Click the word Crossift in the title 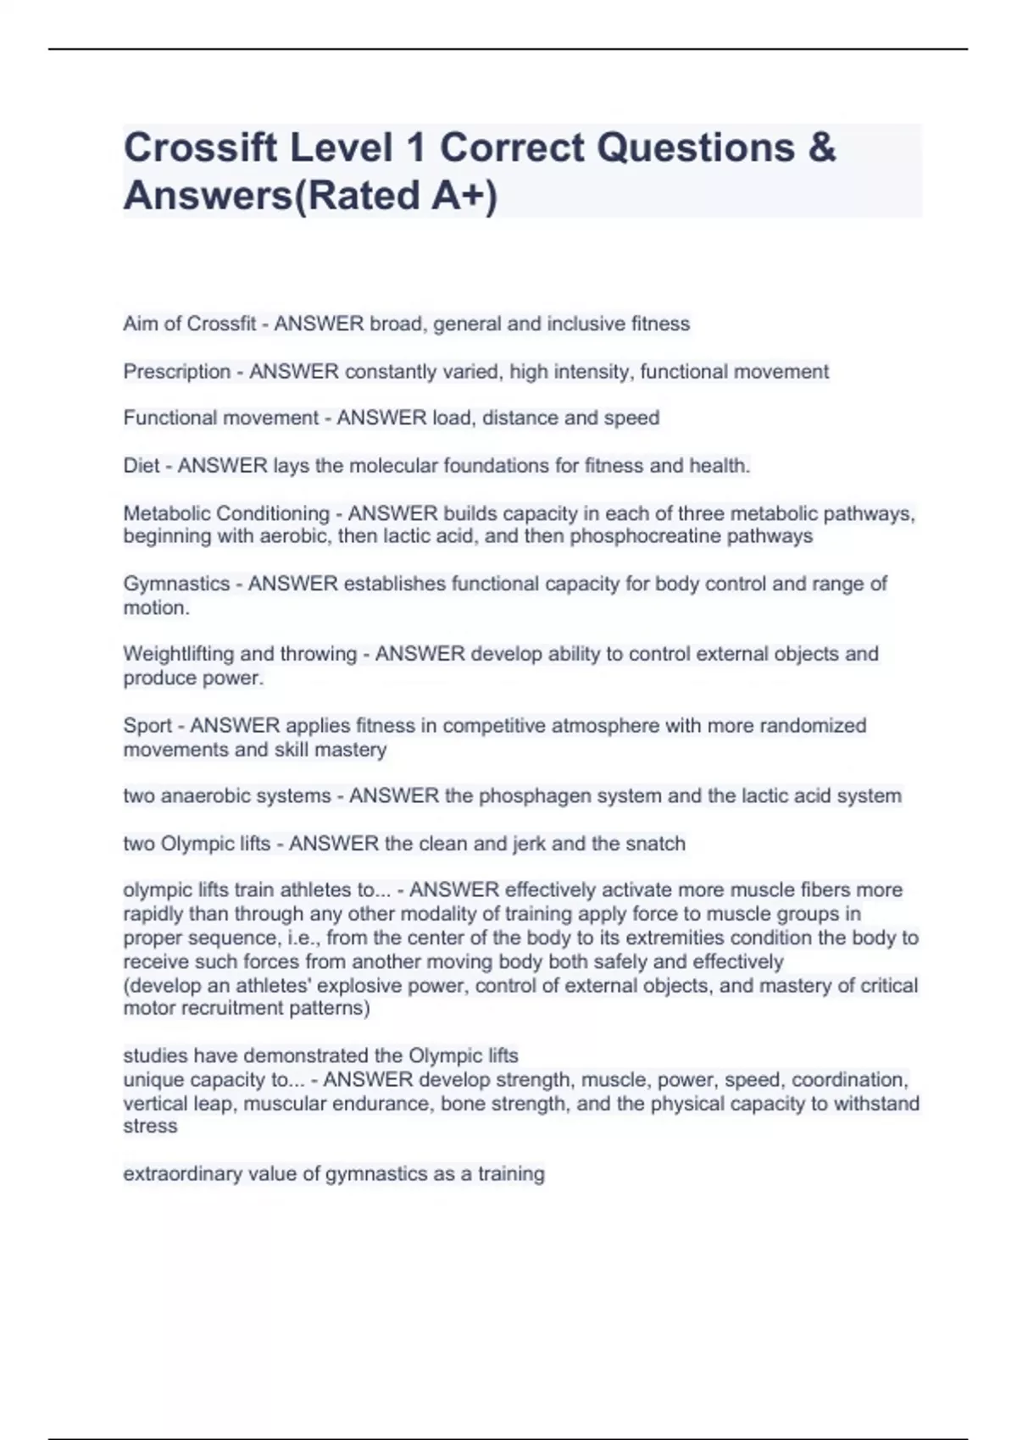click(x=200, y=148)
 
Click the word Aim click(x=141, y=324)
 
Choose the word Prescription click(x=177, y=372)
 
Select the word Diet click(x=141, y=466)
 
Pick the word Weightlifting click(x=179, y=654)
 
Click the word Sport click(x=147, y=726)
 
